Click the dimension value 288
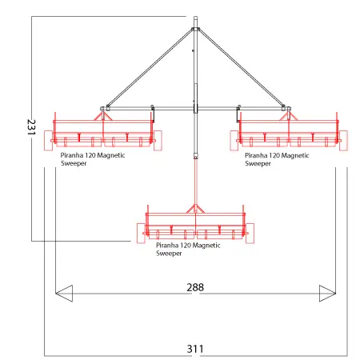195,287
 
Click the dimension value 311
195,349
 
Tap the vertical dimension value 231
31,127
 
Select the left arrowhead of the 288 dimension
64,294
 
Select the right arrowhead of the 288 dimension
327,294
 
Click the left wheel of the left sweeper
48,141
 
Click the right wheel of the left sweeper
158,141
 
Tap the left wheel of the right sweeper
234,141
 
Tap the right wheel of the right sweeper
343,141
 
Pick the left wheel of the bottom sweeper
141,234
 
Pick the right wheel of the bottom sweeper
250,234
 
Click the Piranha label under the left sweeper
93,159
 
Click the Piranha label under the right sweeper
277,159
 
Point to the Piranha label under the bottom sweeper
188,250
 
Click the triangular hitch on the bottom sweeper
195,209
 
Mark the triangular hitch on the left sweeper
102,116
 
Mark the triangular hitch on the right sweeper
289,116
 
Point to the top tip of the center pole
195,17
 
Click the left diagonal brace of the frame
150,68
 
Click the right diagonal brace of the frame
242,68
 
